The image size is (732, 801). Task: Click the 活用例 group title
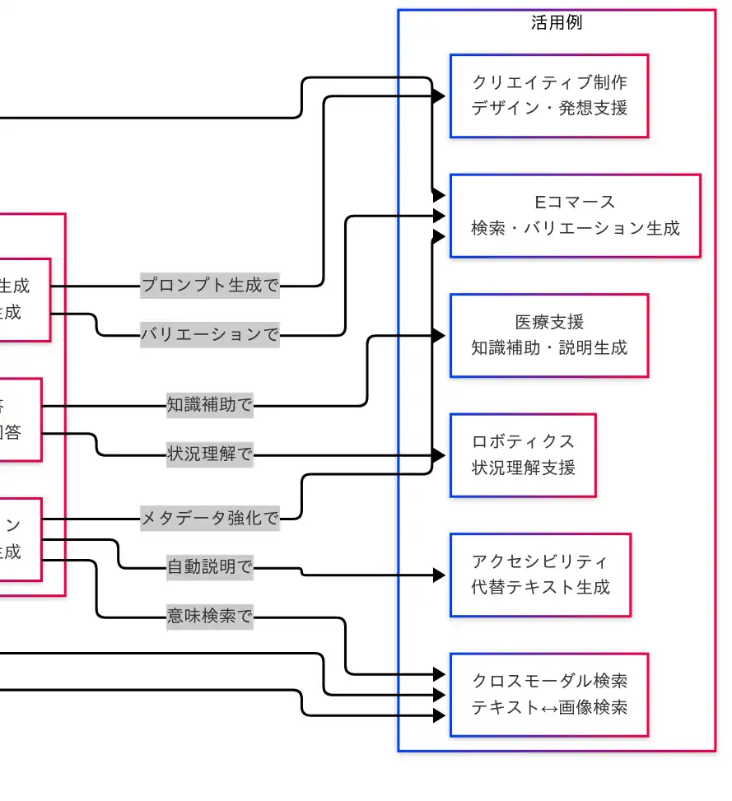coord(557,22)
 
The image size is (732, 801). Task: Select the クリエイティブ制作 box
coord(549,95)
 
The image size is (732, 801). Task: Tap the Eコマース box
coord(575,215)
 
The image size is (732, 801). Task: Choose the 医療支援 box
coord(549,335)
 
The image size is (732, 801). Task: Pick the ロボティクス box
coord(523,454)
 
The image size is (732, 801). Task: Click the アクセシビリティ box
coord(540,575)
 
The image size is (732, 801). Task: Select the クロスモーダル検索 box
coord(549,694)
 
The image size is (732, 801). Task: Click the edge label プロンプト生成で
coord(210,286)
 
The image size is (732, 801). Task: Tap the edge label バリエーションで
coord(210,335)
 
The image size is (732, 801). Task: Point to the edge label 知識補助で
coord(210,405)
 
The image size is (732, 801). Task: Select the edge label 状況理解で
coord(210,454)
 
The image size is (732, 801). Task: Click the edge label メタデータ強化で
coord(210,518)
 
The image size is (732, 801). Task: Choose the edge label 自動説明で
coord(210,567)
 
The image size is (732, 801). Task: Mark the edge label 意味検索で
coord(210,617)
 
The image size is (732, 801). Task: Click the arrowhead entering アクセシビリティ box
coord(440,575)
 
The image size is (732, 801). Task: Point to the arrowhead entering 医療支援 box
coord(440,335)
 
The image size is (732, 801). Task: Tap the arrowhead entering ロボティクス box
coord(440,454)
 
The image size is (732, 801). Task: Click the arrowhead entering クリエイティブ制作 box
coord(440,96)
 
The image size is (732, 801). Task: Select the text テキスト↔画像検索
coord(549,707)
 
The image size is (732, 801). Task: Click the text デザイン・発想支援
coord(549,108)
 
